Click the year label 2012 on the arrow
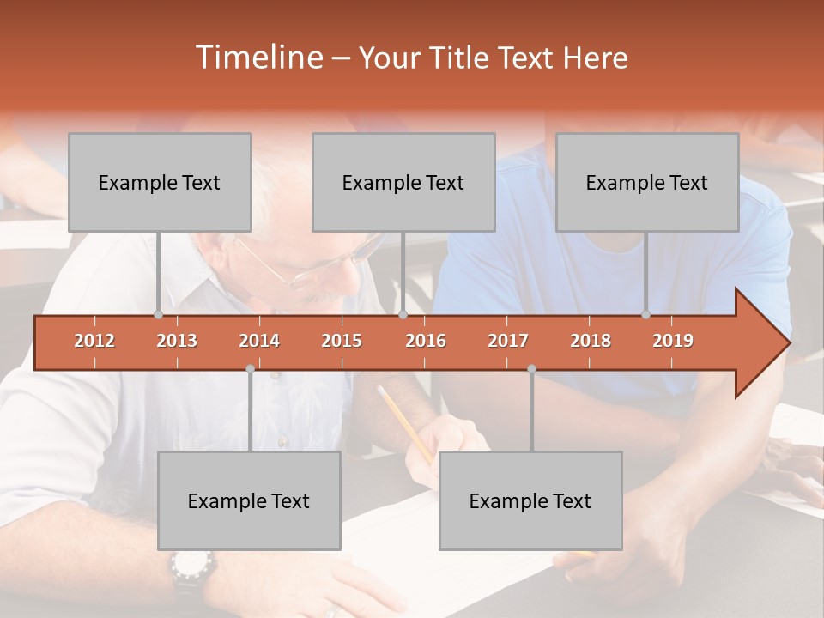pos(94,341)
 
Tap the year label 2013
pos(177,341)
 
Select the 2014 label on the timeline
pos(259,341)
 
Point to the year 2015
pos(342,341)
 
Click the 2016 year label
pos(426,341)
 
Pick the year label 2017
pos(508,341)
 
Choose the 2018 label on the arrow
pos(591,341)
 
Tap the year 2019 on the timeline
pos(673,341)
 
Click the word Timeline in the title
pos(257,58)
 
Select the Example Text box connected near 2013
pos(160,183)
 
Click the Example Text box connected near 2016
pos(403,183)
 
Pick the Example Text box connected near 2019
pos(647,183)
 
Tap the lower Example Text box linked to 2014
pos(249,501)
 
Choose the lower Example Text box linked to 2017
pos(530,501)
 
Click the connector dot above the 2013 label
pos(158,314)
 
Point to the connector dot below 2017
pos(531,368)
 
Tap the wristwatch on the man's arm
pos(191,569)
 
